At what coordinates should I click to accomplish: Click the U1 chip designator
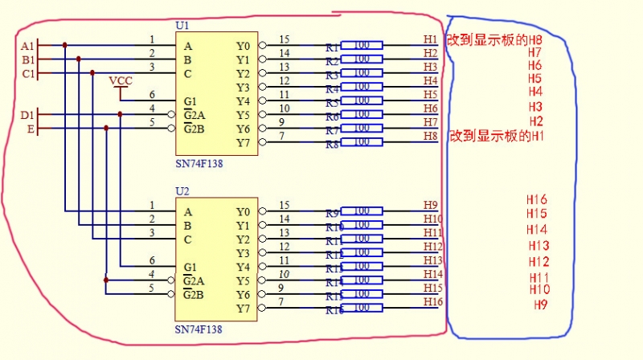click(182, 26)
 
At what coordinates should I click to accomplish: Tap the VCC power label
click(121, 81)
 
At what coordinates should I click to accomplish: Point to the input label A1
click(27, 46)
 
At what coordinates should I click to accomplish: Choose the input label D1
click(27, 116)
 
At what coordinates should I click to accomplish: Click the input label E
click(31, 129)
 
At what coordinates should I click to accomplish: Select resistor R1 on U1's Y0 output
click(361, 46)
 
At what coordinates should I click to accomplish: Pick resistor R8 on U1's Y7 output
click(361, 143)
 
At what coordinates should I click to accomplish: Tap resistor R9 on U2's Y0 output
click(361, 212)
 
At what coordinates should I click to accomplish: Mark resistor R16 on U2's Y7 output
click(361, 309)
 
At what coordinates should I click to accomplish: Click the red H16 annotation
click(537, 199)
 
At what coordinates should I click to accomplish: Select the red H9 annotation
click(541, 305)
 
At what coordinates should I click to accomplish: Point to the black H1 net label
click(430, 39)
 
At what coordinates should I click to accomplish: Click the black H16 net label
click(433, 301)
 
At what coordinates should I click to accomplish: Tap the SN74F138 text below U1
click(199, 163)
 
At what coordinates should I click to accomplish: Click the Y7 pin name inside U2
click(243, 309)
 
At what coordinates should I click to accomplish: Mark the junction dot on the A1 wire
click(65, 46)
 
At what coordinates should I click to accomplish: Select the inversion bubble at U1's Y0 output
click(262, 46)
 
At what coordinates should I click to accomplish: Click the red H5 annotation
click(534, 78)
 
